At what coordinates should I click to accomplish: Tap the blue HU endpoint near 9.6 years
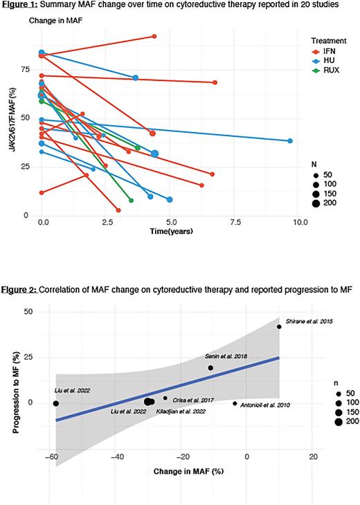[x=290, y=141]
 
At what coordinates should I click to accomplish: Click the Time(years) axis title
[x=171, y=230]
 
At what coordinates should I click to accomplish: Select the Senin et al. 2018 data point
[x=211, y=368]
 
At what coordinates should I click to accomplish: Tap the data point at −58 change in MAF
[x=56, y=403]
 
